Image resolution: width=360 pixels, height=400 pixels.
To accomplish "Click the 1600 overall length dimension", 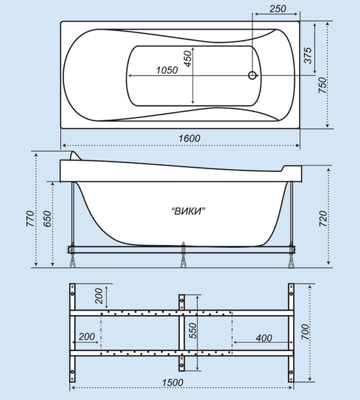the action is (x=189, y=138).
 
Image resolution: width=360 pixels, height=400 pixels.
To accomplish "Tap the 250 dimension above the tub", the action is (x=278, y=9).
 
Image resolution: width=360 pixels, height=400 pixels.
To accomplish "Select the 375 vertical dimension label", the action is (x=308, y=55).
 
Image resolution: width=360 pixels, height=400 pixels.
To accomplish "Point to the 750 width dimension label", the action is (x=322, y=85).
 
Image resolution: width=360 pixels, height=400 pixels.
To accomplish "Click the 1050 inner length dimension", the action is (x=167, y=70).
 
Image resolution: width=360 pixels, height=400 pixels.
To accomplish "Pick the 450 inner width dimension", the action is (x=187, y=59).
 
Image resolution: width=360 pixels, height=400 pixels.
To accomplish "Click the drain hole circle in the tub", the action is (x=252, y=75).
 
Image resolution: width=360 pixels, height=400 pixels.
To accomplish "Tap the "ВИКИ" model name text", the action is (x=189, y=211).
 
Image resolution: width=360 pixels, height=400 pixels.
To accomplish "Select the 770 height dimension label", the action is (x=30, y=219).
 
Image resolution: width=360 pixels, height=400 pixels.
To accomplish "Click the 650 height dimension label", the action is (x=47, y=219).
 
